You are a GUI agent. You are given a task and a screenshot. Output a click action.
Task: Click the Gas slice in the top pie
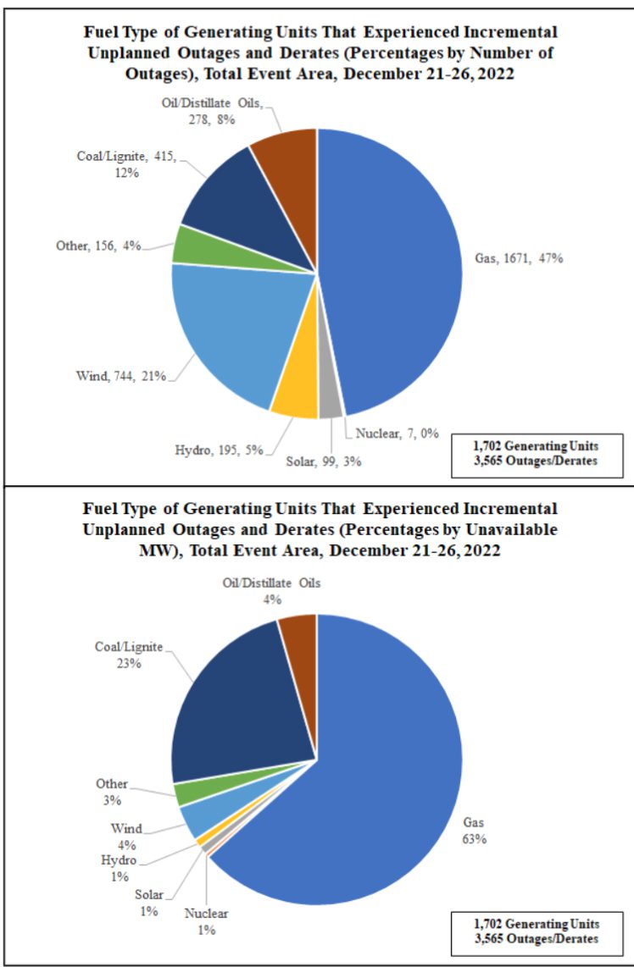(x=398, y=262)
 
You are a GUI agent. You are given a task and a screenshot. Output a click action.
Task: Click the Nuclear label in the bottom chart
(x=206, y=914)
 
